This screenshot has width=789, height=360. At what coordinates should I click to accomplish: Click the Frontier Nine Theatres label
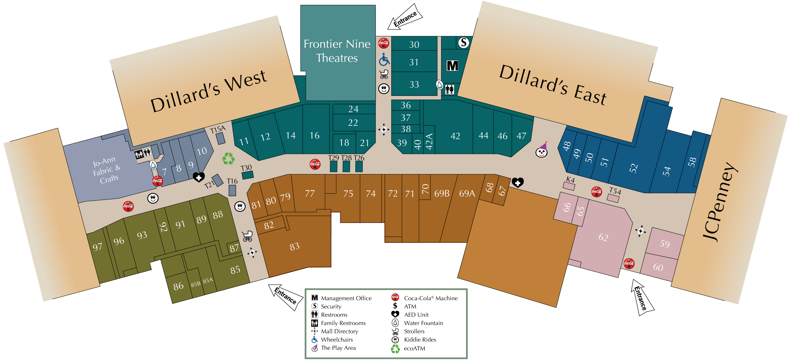(x=337, y=51)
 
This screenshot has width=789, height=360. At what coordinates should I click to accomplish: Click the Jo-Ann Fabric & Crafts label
(x=107, y=170)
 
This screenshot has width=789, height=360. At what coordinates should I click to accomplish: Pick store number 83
(x=294, y=247)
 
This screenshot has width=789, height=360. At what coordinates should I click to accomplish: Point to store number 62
(x=603, y=238)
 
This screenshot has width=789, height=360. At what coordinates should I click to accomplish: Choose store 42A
(x=429, y=142)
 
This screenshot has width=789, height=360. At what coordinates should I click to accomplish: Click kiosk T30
(x=247, y=175)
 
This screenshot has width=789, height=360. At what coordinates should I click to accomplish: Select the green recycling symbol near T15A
(x=228, y=159)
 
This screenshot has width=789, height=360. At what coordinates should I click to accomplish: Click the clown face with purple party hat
(x=542, y=150)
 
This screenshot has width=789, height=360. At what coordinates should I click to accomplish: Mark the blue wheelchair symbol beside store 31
(x=384, y=60)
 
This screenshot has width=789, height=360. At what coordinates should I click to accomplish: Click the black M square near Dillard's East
(x=452, y=65)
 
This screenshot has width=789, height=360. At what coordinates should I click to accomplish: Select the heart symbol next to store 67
(x=518, y=183)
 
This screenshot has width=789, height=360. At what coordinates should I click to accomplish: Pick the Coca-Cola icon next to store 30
(x=384, y=43)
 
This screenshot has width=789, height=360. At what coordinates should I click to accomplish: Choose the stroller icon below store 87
(x=247, y=236)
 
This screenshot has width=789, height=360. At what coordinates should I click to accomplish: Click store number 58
(x=692, y=162)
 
